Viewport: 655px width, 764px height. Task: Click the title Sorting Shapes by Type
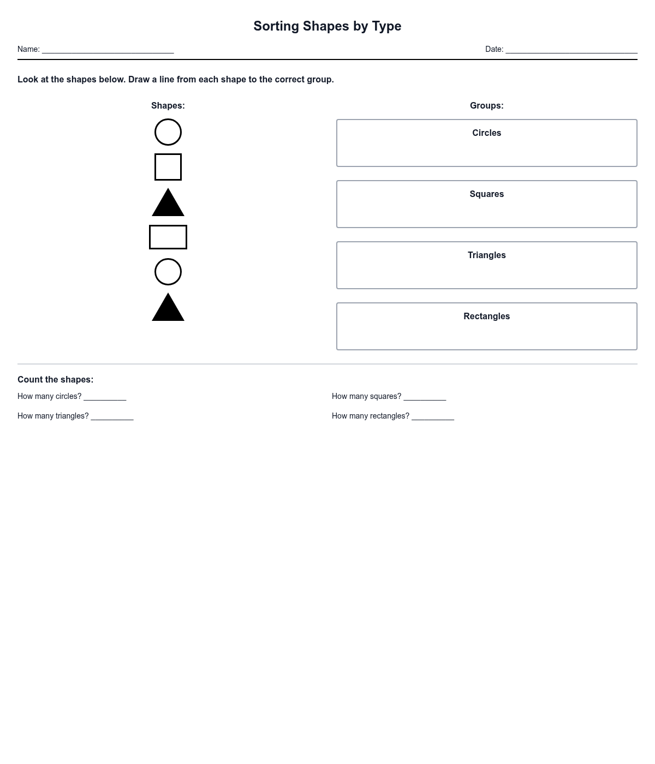pos(327,26)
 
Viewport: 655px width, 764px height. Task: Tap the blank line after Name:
pos(108,50)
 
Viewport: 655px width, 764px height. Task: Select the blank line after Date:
pos(571,50)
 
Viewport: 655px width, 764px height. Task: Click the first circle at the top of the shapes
pos(168,132)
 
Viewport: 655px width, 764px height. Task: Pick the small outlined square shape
pos(168,167)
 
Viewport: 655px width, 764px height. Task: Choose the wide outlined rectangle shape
pos(168,237)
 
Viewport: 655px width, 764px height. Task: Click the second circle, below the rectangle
pos(168,272)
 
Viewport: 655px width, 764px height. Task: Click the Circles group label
pos(486,133)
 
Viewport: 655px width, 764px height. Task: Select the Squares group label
pos(486,194)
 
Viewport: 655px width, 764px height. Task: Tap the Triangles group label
pos(486,255)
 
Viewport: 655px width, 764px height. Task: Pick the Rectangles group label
pos(486,317)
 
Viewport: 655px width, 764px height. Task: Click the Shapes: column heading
pos(168,106)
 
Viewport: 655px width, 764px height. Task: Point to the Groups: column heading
pos(486,106)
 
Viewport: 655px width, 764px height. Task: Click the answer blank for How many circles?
pos(105,397)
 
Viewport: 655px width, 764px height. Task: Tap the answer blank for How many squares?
pos(425,397)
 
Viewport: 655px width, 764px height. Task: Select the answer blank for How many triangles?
pos(112,416)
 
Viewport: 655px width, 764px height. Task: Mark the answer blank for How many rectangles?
pos(432,416)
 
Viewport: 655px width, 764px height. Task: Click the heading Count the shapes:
pos(55,380)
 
